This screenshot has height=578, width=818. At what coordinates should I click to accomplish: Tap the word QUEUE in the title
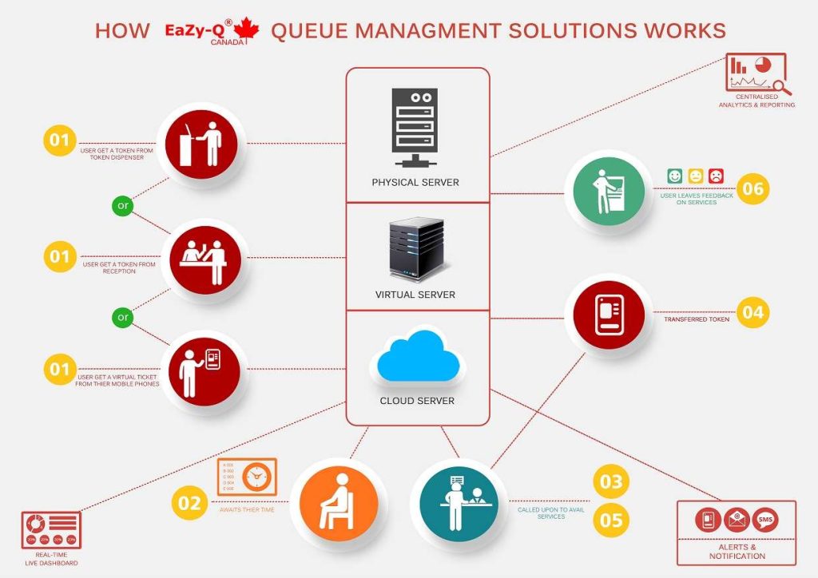(x=308, y=30)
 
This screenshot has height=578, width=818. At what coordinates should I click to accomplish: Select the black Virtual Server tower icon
(x=415, y=247)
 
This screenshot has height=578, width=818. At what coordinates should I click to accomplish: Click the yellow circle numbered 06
(x=752, y=189)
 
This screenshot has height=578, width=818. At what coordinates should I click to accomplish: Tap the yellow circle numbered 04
(x=752, y=312)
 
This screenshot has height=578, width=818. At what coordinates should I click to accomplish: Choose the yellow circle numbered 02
(x=189, y=503)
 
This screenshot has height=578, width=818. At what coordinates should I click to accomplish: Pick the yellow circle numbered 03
(x=611, y=481)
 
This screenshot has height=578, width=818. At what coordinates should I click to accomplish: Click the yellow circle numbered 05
(x=611, y=521)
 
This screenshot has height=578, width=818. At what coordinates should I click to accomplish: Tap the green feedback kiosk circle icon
(x=605, y=190)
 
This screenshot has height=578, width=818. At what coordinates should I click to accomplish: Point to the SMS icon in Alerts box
(x=765, y=521)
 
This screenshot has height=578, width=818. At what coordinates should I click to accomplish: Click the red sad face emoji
(x=716, y=174)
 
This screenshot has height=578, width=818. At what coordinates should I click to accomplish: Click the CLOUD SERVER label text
(x=417, y=400)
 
